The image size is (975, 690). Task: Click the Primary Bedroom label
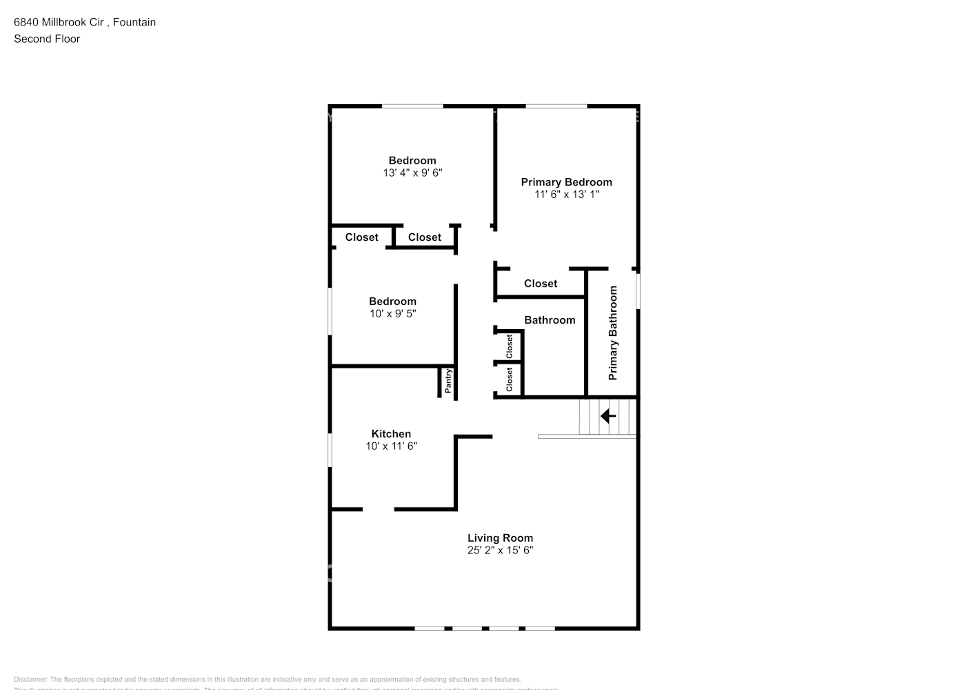pos(566,182)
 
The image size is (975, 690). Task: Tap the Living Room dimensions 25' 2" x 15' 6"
pos(500,551)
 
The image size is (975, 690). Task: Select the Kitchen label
pos(391,434)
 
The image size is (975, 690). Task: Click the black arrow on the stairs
pos(608,416)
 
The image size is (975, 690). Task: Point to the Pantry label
pos(448,382)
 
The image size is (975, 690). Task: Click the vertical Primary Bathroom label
pos(613,333)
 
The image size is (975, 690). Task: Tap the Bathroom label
pos(550,320)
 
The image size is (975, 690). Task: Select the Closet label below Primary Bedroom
pos(541,284)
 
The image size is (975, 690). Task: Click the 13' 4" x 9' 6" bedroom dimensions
pos(412,173)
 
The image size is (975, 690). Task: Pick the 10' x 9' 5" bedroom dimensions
pos(392,314)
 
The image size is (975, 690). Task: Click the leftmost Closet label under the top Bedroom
pos(361,237)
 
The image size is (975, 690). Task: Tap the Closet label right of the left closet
pos(425,237)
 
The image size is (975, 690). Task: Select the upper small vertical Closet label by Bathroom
pos(510,346)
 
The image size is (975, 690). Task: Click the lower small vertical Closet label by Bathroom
pos(510,379)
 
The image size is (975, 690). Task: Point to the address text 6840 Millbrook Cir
pos(59,22)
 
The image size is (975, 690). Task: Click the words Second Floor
pos(47,39)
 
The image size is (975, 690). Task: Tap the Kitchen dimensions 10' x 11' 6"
pos(391,446)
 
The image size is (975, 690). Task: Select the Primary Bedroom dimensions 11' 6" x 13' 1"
pos(566,195)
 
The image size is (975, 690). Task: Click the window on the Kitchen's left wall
pos(330,449)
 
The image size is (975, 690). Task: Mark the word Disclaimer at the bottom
pos(30,680)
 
